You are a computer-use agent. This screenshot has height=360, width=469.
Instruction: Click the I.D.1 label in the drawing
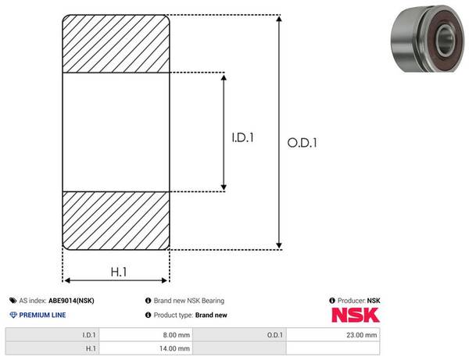[242, 137]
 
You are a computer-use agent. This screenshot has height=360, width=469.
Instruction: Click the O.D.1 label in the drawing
[302, 143]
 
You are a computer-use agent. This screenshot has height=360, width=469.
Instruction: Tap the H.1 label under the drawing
[119, 272]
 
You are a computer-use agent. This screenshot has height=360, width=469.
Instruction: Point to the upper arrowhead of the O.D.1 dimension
[279, 19]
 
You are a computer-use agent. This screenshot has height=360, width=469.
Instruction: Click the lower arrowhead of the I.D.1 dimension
[224, 187]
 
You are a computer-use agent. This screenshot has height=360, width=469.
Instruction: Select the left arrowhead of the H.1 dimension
[67, 280]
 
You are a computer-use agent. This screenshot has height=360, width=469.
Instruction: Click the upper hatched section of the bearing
[116, 44]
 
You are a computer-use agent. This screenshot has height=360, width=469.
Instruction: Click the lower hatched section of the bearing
[116, 221]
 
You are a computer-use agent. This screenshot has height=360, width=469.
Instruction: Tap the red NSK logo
[356, 315]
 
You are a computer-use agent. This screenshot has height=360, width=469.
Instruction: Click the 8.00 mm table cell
[146, 335]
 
